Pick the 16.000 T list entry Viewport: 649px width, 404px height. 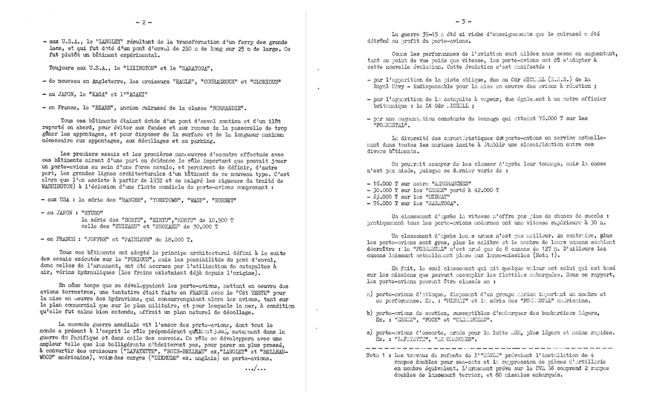(x=384, y=183)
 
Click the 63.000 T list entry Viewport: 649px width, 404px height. (x=384, y=196)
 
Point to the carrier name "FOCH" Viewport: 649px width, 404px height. (x=435, y=320)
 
